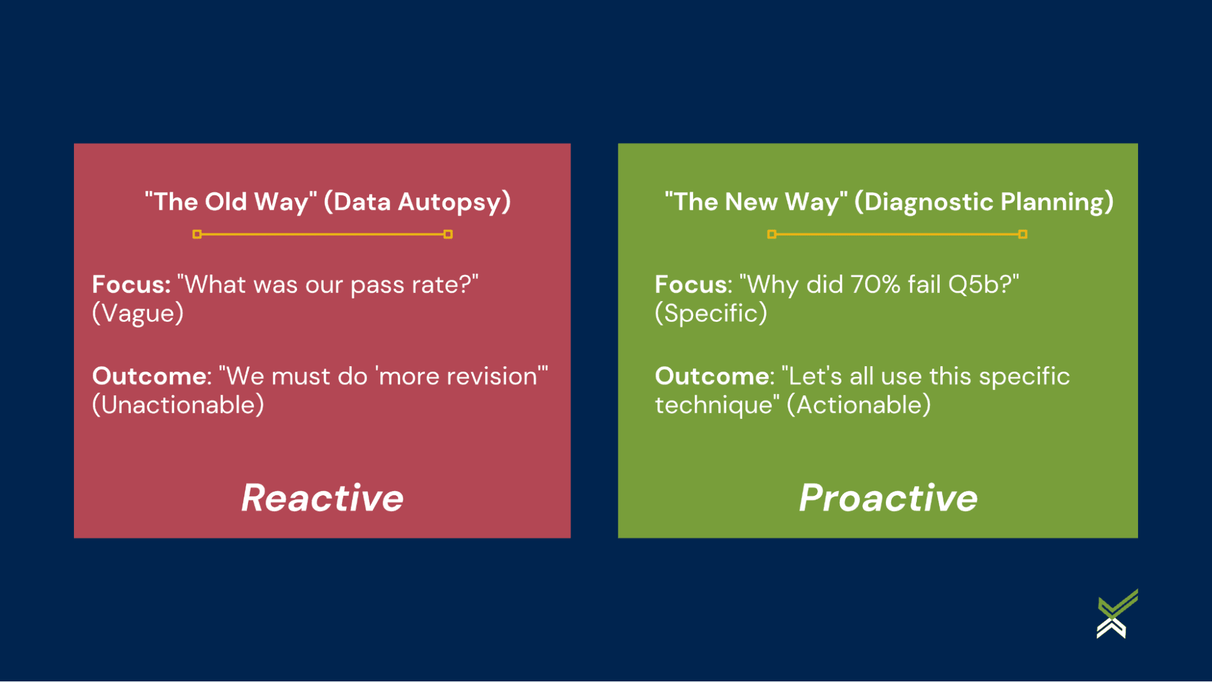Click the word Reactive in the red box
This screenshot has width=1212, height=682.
pyautogui.click(x=322, y=498)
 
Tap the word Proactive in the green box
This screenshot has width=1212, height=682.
pyautogui.click(x=888, y=498)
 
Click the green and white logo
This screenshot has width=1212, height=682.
pyautogui.click(x=1117, y=614)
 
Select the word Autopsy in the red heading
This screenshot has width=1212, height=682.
pyautogui.click(x=454, y=202)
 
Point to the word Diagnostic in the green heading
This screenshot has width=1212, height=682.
pyautogui.click(x=928, y=202)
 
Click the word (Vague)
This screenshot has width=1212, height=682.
pyautogui.click(x=138, y=313)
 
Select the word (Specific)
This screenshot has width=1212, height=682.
pyautogui.click(x=711, y=313)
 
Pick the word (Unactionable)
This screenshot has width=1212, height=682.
pyautogui.click(x=178, y=405)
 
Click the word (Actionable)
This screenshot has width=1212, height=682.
pyautogui.click(x=858, y=405)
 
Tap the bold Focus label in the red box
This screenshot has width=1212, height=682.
pyautogui.click(x=131, y=284)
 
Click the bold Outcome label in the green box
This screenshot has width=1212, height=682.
pyautogui.click(x=714, y=376)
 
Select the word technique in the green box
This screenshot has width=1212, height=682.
pyautogui.click(x=713, y=406)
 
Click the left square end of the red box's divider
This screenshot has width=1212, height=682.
pyautogui.click(x=197, y=234)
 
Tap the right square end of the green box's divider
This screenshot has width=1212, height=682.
pyautogui.click(x=1022, y=234)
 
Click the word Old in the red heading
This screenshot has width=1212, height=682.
pyautogui.click(x=226, y=202)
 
